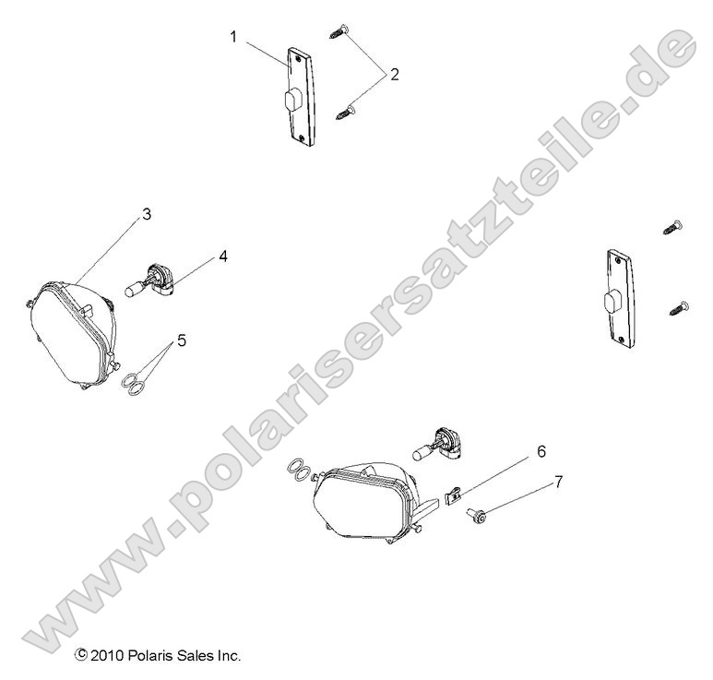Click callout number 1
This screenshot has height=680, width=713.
[x=233, y=38]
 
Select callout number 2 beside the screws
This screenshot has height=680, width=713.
[x=395, y=75]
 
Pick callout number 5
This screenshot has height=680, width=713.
[x=182, y=340]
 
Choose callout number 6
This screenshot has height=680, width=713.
[x=541, y=451]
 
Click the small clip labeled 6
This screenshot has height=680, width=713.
[x=451, y=496]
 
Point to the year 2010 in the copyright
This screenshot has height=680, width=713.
[x=105, y=656]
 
